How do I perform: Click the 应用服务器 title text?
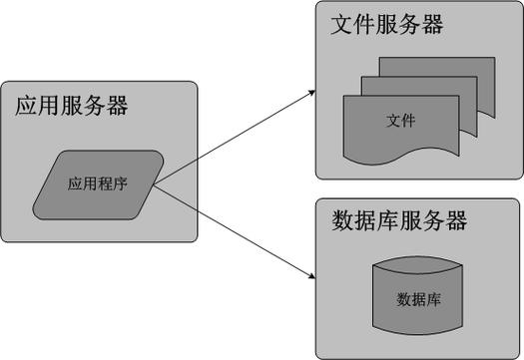(x=71, y=107)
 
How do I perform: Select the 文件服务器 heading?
(x=386, y=25)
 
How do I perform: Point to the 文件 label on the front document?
(x=400, y=121)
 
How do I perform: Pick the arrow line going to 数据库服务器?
(x=236, y=228)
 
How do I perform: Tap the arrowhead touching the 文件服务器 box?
(x=311, y=93)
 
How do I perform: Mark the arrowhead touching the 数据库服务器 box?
(x=310, y=269)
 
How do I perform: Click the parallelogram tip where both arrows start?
(x=156, y=183)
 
